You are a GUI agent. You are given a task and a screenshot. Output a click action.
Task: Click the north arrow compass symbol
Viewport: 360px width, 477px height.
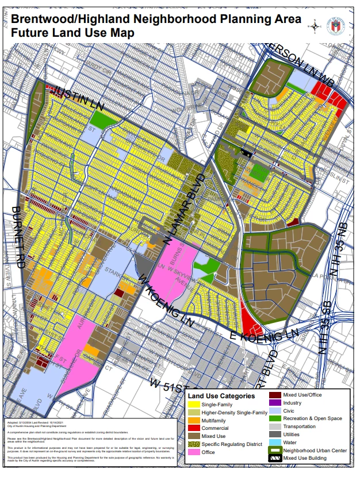[x=315, y=25]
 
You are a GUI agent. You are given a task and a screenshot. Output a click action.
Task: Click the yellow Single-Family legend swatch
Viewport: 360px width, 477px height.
[x=194, y=405]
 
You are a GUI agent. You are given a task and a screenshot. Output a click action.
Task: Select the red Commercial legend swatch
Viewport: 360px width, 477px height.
[x=194, y=428]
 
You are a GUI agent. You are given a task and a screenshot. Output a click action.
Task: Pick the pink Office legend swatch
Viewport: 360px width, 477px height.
[x=194, y=452]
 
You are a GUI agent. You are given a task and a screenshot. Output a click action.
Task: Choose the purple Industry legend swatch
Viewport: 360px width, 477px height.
[x=276, y=403]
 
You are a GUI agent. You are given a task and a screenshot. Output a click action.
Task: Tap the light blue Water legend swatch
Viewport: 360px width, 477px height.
[x=276, y=442]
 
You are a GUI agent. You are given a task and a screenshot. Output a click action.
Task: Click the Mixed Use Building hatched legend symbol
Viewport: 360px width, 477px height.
[x=276, y=458]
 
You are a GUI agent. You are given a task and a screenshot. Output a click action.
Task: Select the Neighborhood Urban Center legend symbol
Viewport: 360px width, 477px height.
[x=276, y=451]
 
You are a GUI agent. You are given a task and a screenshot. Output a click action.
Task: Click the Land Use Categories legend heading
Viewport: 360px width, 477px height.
[x=221, y=396]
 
